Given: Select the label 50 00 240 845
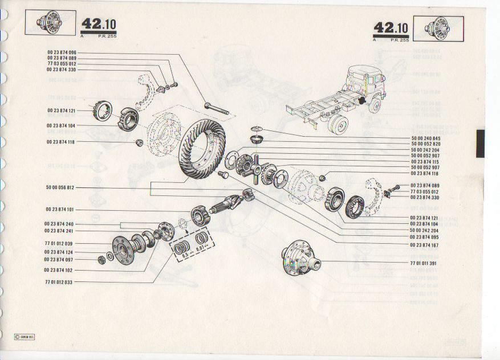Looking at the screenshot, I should [425, 138].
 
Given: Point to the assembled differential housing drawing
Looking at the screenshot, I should [300, 261].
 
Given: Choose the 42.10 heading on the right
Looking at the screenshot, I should [391, 27].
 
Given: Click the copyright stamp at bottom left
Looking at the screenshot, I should [23, 337].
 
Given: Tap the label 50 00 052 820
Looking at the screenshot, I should [425, 144].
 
